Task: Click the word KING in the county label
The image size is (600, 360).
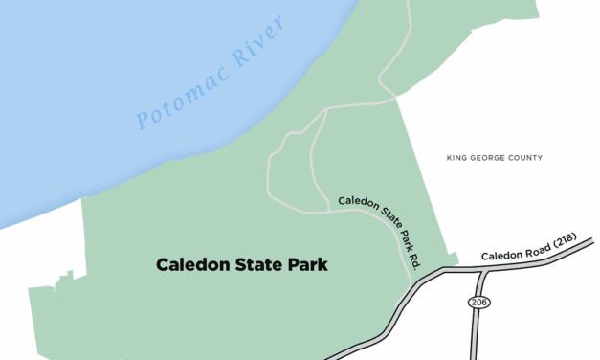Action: (457, 158)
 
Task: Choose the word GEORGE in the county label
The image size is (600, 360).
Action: (488, 158)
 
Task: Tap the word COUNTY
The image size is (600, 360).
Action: (525, 158)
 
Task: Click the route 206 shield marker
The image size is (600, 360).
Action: (478, 302)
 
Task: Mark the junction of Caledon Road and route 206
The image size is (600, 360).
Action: (483, 271)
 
